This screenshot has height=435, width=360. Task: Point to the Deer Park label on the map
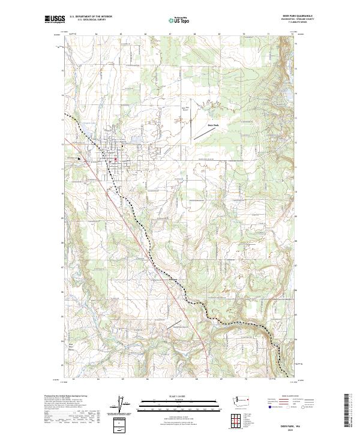click(x=213, y=125)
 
